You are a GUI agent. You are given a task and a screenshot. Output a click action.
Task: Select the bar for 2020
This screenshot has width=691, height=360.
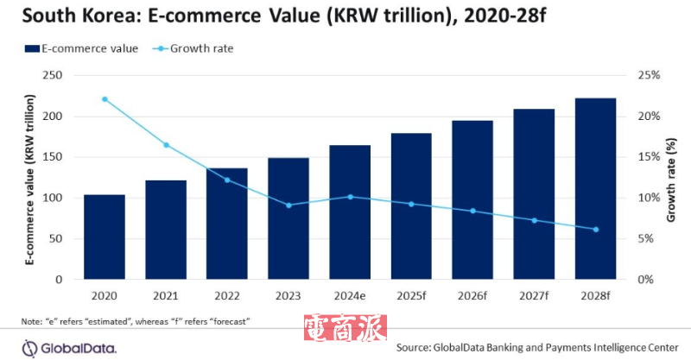coord(104,237)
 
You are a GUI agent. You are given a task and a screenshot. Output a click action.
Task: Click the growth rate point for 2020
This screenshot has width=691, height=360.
coord(105,99)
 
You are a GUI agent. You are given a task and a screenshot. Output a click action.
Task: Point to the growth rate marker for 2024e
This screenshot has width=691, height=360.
coord(350,197)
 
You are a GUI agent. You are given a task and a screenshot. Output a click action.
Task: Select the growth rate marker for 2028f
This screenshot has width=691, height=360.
coord(595,229)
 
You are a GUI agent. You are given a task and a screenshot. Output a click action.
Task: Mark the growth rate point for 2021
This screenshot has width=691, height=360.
coord(166,144)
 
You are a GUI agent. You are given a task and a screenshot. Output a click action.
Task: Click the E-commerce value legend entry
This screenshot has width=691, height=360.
coord(82,48)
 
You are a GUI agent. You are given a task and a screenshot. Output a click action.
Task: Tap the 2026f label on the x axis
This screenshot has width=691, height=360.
coord(472,296)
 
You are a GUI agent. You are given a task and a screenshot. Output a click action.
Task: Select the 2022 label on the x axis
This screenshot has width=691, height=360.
coord(226,296)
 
